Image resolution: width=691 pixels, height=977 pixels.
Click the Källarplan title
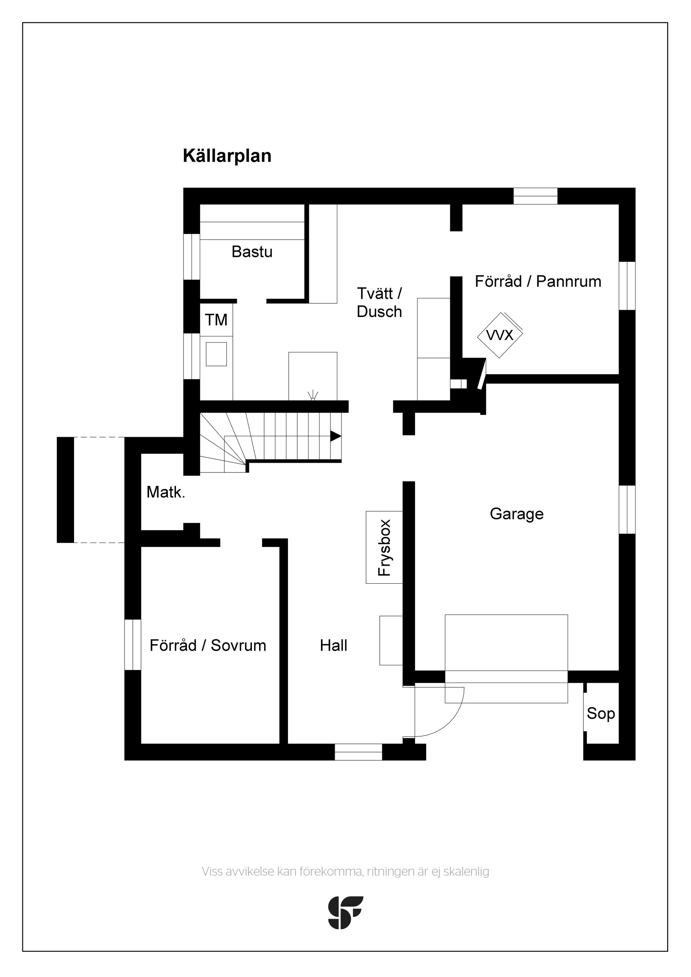(227, 156)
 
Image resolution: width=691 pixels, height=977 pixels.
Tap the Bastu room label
(252, 252)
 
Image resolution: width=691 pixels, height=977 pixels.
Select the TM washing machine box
(216, 320)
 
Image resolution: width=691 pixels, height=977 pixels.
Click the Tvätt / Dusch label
(380, 303)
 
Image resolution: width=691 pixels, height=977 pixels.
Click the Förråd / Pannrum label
(538, 281)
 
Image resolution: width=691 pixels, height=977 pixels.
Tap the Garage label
(516, 514)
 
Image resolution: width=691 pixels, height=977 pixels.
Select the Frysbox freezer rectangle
(384, 547)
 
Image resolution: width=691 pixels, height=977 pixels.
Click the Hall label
(334, 646)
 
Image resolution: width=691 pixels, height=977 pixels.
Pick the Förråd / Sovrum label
(208, 646)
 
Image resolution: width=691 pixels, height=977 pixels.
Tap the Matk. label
(166, 492)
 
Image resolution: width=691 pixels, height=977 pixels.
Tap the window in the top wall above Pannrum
(535, 196)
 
